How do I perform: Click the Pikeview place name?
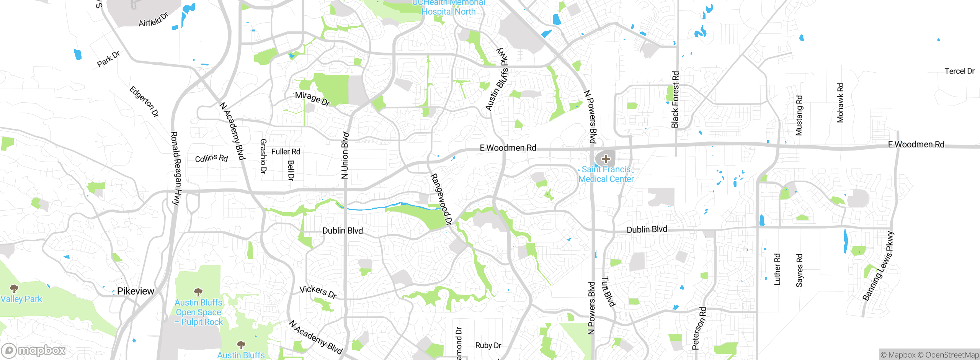136,291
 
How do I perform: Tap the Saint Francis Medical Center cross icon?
606,159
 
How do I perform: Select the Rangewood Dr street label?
441,199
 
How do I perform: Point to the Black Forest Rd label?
675,99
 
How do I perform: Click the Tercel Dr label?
959,71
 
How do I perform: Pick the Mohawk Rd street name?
840,103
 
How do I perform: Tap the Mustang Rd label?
799,115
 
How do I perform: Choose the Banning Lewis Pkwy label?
879,266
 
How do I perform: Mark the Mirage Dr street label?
312,98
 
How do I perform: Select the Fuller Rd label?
286,152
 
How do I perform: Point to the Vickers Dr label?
318,291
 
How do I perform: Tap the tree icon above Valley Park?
14,288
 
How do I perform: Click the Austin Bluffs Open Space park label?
199,312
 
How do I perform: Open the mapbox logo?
34,350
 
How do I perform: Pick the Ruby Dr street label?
488,345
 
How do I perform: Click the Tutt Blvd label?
609,292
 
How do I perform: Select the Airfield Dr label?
154,20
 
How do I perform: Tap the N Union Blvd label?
345,155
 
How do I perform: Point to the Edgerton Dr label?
144,101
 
